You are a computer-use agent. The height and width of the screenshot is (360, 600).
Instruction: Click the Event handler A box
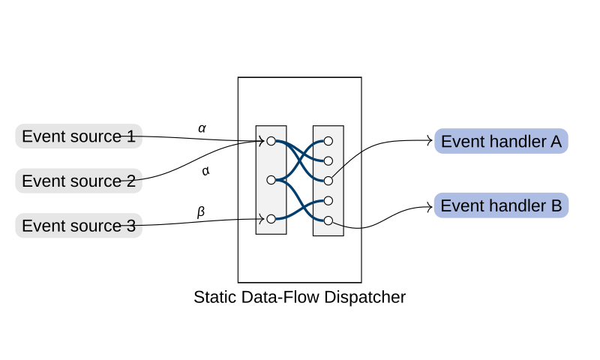point(501,141)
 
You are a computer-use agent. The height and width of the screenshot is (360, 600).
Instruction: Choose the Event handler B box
point(501,205)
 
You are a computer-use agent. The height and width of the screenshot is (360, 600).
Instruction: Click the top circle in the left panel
point(271,141)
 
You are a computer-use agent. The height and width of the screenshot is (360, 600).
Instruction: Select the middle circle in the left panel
point(271,180)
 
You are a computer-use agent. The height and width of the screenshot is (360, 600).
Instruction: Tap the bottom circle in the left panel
point(271,219)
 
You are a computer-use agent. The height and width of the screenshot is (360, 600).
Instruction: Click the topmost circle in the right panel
point(328,141)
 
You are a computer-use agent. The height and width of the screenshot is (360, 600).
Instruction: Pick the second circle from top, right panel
point(328,160)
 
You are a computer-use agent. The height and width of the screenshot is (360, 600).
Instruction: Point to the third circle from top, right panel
point(328,181)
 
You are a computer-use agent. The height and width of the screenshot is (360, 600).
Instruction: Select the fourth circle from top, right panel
point(328,200)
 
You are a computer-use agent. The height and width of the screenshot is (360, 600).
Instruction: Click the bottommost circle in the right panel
point(328,220)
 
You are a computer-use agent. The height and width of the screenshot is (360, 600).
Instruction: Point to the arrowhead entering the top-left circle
point(261,141)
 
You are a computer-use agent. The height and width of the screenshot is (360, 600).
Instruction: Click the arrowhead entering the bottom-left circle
point(261,219)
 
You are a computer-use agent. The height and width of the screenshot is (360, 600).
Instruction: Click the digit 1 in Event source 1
point(131,136)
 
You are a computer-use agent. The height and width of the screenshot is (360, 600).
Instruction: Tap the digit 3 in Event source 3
point(131,225)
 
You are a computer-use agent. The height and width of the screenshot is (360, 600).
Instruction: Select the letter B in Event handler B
point(556,205)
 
